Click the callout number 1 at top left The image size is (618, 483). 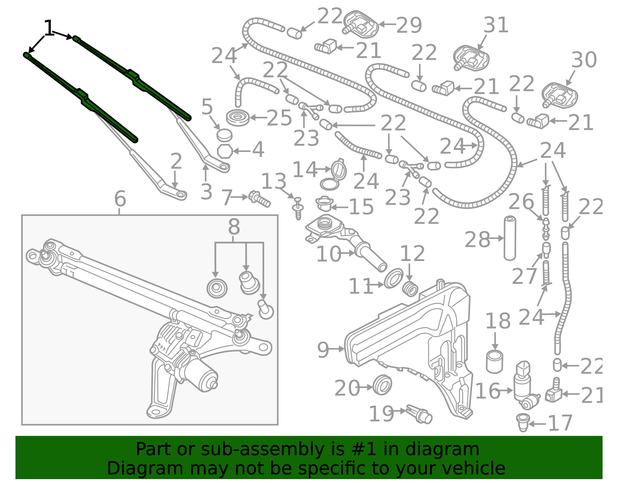pyautogui.click(x=49, y=29)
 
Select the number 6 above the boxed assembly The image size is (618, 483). pyautogui.click(x=120, y=199)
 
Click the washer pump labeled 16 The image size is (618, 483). pyautogui.click(x=525, y=387)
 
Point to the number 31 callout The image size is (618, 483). pyautogui.click(x=496, y=26)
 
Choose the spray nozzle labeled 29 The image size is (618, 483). pyautogui.click(x=360, y=24)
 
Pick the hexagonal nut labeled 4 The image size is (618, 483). pyautogui.click(x=225, y=151)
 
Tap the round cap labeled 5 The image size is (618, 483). pyautogui.click(x=224, y=135)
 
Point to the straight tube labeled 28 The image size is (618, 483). pyautogui.click(x=510, y=238)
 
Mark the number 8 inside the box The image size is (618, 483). pyautogui.click(x=234, y=227)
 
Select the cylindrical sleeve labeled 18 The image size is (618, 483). pyautogui.click(x=494, y=362)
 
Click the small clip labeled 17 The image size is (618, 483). pyautogui.click(x=523, y=422)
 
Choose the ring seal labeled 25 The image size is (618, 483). pyautogui.click(x=238, y=118)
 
